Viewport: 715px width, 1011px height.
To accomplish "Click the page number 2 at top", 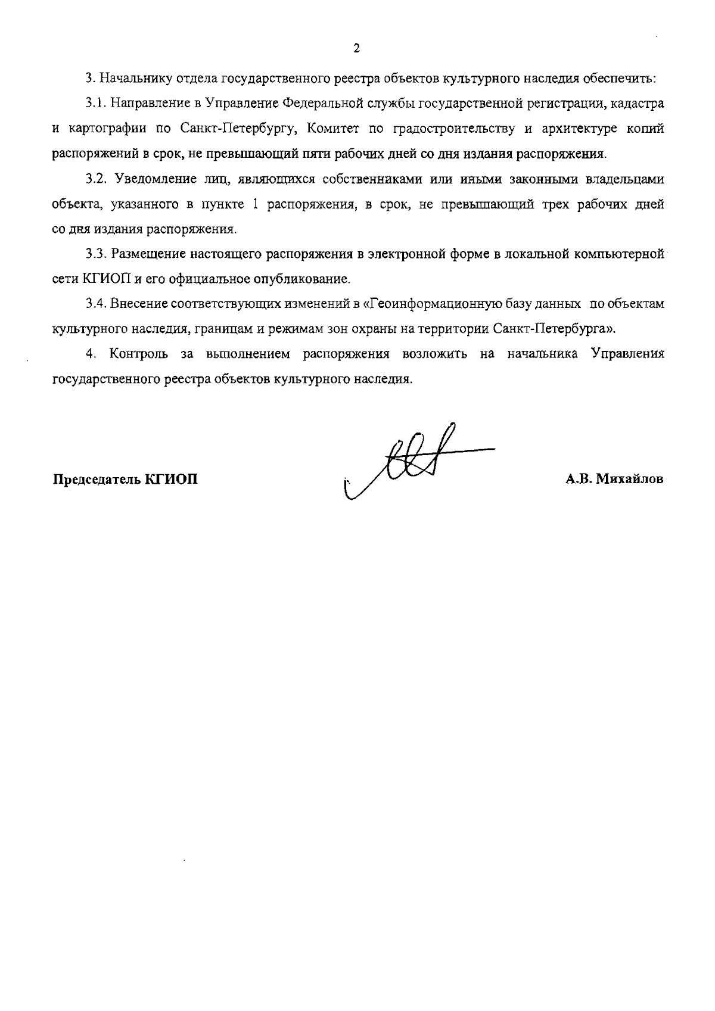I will pos(356,49).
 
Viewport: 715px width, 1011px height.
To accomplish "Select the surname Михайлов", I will pos(628,480).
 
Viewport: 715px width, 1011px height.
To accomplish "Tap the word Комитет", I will pos(332,129).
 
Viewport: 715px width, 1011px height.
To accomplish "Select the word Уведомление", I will pos(152,179).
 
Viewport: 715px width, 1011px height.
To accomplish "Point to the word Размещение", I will pos(148,254).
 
